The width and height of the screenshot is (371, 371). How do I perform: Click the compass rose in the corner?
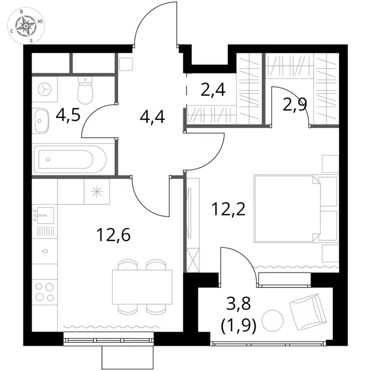pyautogui.click(x=26, y=25)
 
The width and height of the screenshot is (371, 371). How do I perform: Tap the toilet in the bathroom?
pyautogui.click(x=86, y=90)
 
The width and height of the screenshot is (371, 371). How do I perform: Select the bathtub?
pyautogui.click(x=70, y=159)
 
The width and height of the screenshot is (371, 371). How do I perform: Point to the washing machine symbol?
pyautogui.click(x=44, y=89)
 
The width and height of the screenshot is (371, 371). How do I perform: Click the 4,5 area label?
pyautogui.click(x=69, y=115)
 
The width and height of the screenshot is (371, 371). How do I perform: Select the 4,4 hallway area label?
pyautogui.click(x=152, y=117)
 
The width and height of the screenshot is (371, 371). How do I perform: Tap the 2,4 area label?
pyautogui.click(x=213, y=90)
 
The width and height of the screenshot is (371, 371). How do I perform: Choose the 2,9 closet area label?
pyautogui.click(x=295, y=104)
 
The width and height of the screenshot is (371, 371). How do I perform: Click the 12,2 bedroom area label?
pyautogui.click(x=229, y=209)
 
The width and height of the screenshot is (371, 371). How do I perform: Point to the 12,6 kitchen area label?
pyautogui.click(x=114, y=234)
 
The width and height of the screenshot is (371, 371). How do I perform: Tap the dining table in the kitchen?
pyautogui.click(x=142, y=287)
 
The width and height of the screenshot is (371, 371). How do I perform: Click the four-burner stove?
pyautogui.click(x=44, y=292)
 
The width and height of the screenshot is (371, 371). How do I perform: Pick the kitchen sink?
pyautogui.click(x=44, y=215)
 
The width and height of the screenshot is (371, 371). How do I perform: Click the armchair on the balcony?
pyautogui.click(x=308, y=312)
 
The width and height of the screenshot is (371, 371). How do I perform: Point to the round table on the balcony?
pyautogui.click(x=272, y=321)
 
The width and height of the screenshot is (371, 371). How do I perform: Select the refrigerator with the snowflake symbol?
pyautogui.click(x=97, y=191)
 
